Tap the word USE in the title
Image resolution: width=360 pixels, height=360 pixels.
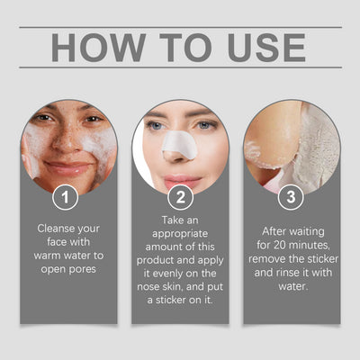[x=261, y=47]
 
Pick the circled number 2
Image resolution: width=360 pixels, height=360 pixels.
[x=180, y=194]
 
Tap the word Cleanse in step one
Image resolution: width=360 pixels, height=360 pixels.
[x=56, y=229]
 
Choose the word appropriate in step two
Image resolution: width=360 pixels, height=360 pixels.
[x=180, y=232]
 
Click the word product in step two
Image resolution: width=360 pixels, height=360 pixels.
[x=160, y=258]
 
